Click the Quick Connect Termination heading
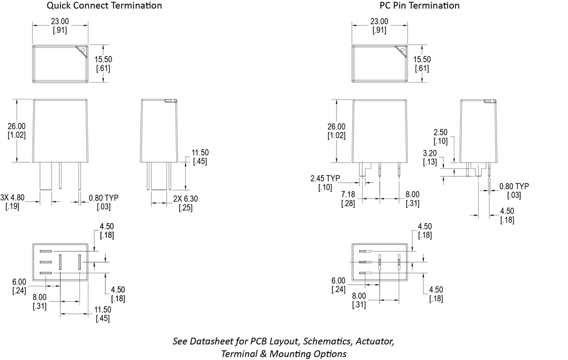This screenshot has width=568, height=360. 104,5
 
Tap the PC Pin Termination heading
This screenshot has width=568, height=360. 420,5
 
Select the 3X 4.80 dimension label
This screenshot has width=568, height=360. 12,197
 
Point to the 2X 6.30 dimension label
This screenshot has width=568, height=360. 186,198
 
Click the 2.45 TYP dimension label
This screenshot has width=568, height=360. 325,178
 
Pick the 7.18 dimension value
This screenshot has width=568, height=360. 348,194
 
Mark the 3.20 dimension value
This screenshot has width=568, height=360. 430,153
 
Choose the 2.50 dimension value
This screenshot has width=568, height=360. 441,132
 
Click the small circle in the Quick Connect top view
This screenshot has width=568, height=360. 83,50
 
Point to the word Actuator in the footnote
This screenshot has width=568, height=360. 376,341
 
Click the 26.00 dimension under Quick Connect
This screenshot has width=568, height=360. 17,126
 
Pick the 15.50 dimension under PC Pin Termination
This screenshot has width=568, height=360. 422,59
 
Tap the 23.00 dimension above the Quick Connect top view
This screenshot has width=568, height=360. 60,22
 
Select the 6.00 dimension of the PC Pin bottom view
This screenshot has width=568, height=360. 338,281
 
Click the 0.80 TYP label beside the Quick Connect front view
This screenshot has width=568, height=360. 104,198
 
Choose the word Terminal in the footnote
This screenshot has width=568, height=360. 239,354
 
